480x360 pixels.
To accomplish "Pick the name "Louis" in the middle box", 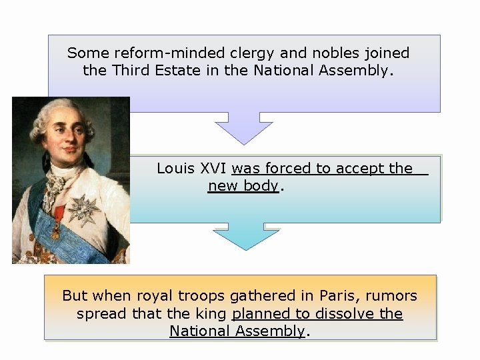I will (x=175, y=169).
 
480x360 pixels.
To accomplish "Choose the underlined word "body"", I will (x=261, y=186).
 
